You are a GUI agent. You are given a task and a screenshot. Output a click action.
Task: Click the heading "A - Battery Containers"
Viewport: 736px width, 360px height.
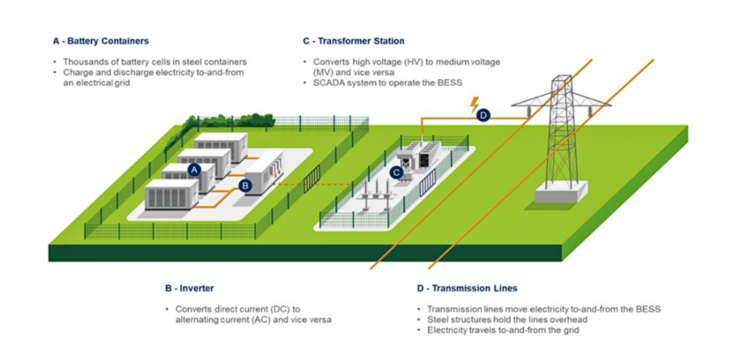[x=101, y=41]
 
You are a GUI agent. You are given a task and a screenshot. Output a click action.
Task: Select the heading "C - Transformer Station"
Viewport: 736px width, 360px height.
[x=354, y=41]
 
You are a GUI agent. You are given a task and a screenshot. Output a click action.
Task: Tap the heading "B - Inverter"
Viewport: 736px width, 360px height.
[x=189, y=288]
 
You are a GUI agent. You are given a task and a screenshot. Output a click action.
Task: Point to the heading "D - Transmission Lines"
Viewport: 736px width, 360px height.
[x=467, y=288]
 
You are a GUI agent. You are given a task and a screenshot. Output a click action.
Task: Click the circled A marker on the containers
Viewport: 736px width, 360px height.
[x=193, y=170]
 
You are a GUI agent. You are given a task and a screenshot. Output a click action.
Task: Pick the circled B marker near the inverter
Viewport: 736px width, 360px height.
[x=244, y=186]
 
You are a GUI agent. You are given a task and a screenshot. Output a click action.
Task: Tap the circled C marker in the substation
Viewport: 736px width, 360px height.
[x=397, y=172]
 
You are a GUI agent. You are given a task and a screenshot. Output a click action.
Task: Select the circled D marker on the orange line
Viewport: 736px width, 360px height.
[x=483, y=116]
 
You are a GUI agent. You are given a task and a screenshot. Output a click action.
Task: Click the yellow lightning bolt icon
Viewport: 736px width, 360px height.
[x=475, y=103]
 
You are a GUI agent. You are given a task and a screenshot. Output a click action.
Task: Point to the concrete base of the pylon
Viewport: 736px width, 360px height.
[x=561, y=192]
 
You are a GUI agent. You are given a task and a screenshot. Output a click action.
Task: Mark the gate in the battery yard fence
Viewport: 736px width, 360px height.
[x=312, y=179]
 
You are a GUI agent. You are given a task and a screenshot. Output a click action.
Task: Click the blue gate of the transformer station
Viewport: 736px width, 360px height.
[x=428, y=182]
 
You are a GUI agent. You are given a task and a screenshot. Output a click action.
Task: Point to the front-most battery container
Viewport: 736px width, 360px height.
[x=171, y=195]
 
